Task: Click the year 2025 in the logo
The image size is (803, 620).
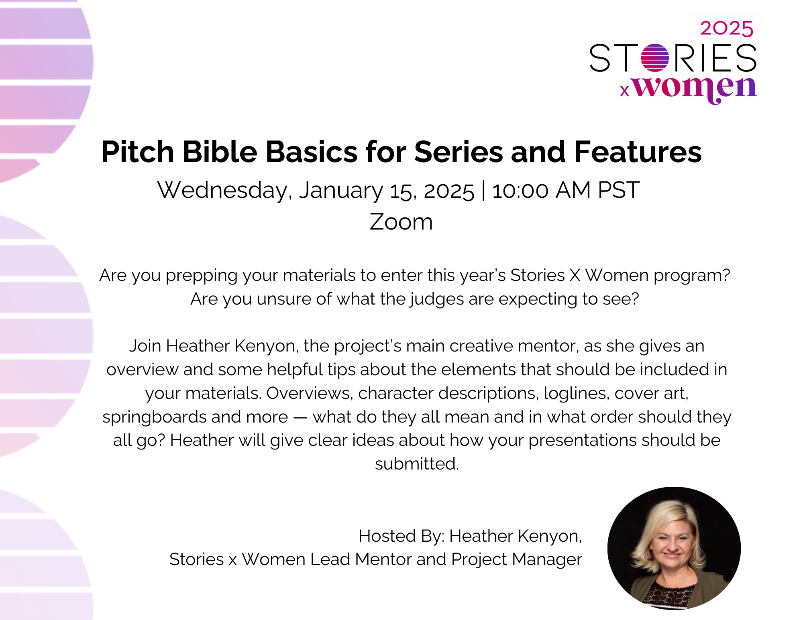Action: pyautogui.click(x=727, y=28)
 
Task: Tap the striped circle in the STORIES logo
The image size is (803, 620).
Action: pyautogui.click(x=655, y=58)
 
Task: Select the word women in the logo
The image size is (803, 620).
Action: pyautogui.click(x=695, y=89)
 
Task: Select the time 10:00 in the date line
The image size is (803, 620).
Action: pyautogui.click(x=520, y=191)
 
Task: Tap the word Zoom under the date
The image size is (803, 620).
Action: pyautogui.click(x=401, y=222)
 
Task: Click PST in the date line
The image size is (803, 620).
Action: pyautogui.click(x=618, y=190)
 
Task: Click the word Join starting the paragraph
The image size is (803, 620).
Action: pyautogui.click(x=145, y=346)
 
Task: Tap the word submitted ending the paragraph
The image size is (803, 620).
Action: pyautogui.click(x=417, y=464)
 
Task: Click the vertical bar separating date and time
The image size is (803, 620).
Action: pyautogui.click(x=483, y=191)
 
